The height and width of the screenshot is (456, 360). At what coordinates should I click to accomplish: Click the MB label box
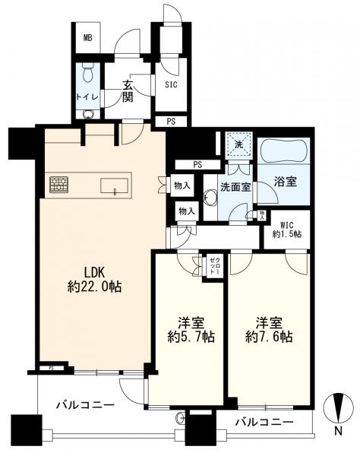coord(88,36)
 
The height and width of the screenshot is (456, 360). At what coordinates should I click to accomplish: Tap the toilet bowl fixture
coord(88,75)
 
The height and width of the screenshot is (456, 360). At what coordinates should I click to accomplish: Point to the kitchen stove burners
coord(59,184)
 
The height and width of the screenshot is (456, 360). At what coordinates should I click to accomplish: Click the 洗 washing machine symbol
coord(238,144)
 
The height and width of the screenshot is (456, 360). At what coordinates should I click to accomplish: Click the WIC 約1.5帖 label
coord(289,229)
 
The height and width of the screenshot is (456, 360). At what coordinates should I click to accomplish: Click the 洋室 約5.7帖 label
coord(187,328)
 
